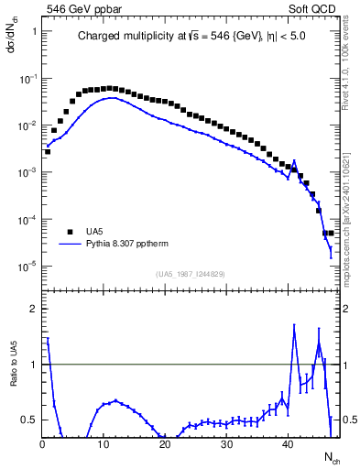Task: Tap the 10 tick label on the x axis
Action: coord(103,444)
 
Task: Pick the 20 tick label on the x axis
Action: coord(163,444)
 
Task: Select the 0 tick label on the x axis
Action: coord(42,444)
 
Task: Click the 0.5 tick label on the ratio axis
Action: coord(27,420)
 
